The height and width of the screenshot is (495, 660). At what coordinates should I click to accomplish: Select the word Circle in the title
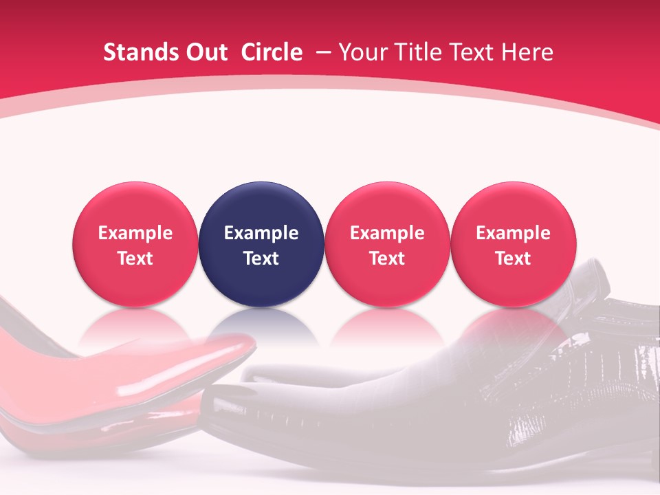click(x=272, y=52)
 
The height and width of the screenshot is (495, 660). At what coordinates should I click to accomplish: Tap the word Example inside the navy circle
click(x=261, y=233)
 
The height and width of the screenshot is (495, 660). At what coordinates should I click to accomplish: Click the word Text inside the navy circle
click(x=261, y=258)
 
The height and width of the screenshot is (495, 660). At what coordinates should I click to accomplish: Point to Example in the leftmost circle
click(x=135, y=233)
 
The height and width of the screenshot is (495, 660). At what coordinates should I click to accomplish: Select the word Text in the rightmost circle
click(x=514, y=258)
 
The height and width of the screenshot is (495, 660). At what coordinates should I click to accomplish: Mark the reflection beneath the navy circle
click(x=261, y=327)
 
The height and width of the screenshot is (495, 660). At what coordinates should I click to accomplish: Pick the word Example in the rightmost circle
click(x=514, y=233)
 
